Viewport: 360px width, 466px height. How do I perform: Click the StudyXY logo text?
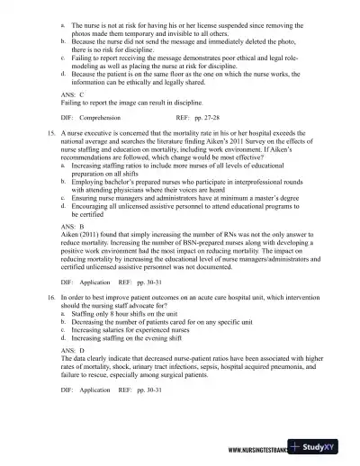click(329, 449)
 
